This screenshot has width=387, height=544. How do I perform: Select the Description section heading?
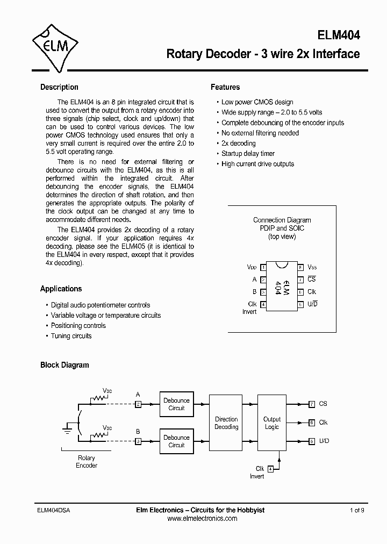59,87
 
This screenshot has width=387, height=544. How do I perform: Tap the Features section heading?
225,87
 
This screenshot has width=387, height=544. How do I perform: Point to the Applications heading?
61,289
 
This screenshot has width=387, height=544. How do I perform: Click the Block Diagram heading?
64,365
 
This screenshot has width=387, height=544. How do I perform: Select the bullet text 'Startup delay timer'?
248,154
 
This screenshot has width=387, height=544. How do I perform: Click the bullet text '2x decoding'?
238,144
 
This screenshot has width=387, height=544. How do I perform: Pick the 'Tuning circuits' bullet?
71,336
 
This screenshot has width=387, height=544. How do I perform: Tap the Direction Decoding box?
226,423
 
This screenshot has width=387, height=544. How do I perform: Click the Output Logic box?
272,423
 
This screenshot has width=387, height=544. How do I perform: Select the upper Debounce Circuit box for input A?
176,404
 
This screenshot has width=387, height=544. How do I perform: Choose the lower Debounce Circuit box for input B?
176,441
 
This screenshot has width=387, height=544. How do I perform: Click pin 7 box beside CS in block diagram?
312,404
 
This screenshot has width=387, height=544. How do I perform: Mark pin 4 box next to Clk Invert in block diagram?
270,469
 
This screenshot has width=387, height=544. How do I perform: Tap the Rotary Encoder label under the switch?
86,462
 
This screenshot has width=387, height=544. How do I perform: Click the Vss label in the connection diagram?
311,267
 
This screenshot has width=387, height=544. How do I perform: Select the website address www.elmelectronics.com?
202,519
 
